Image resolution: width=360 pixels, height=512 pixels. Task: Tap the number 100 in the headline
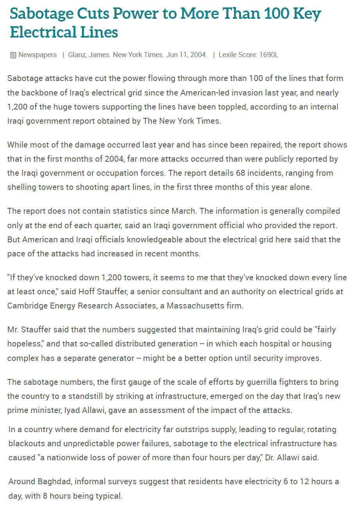262,14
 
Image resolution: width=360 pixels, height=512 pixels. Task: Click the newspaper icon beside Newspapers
13,55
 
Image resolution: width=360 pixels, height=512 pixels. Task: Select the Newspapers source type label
38,55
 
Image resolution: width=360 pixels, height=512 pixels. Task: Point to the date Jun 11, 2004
187,55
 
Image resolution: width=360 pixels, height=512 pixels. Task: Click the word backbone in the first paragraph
38,93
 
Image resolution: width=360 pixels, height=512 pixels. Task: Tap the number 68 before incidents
241,173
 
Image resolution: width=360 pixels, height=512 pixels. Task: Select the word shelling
22,187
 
